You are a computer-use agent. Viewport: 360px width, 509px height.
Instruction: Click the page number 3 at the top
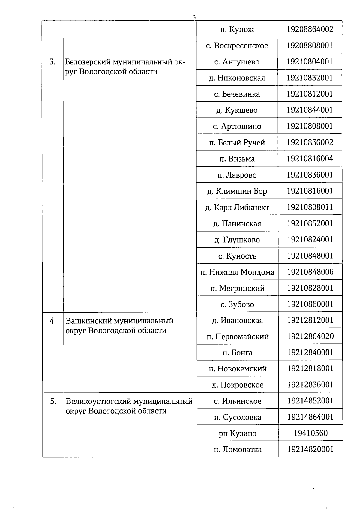194,17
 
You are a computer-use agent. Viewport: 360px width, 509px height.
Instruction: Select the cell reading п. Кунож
237,29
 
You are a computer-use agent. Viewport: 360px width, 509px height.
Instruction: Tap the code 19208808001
310,46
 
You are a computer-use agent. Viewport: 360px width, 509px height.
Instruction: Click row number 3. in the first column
52,62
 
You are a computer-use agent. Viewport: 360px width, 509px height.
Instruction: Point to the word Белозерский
88,62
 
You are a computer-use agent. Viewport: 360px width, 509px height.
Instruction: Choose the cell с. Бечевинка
237,94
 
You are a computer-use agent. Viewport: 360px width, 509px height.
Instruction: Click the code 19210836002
310,142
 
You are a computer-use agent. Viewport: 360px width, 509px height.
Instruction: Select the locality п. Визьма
237,159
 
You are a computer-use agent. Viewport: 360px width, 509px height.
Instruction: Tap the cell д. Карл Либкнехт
237,207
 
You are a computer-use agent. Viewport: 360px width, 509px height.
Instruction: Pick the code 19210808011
310,207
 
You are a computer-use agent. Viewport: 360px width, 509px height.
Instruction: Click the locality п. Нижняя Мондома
237,272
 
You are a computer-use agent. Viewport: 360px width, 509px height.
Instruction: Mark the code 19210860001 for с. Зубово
310,304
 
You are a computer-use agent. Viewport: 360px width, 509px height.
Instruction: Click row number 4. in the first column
53,321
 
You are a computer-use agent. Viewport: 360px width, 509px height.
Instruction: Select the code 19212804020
310,337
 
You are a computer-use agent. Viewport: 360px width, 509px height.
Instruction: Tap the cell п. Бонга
237,353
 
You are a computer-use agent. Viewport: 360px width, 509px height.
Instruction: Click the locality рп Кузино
237,433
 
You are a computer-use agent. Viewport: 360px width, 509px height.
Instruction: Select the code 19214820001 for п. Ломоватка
310,449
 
